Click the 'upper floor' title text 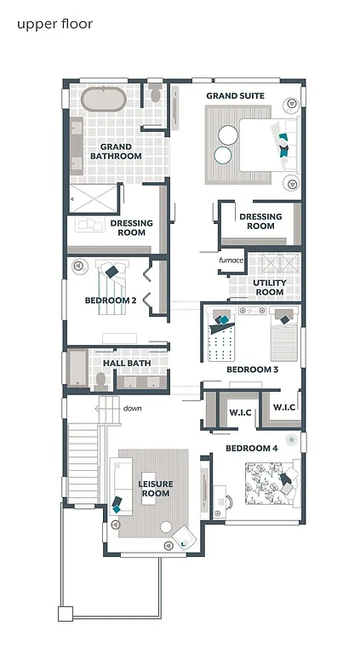pyautogui.click(x=54, y=24)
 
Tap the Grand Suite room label pyautogui.click(x=235, y=96)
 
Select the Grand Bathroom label pyautogui.click(x=116, y=152)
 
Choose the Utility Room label pyautogui.click(x=269, y=287)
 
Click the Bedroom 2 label pyautogui.click(x=111, y=301)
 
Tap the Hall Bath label pyautogui.click(x=127, y=364)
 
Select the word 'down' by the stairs pyautogui.click(x=132, y=409)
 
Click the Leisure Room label pyautogui.click(x=155, y=489)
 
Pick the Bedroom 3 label pyautogui.click(x=252, y=370)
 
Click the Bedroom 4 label pyautogui.click(x=251, y=448)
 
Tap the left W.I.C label pyautogui.click(x=239, y=414)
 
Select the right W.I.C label pyautogui.click(x=283, y=407)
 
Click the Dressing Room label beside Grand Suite pyautogui.click(x=260, y=221)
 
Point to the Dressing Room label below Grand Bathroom pyautogui.click(x=132, y=228)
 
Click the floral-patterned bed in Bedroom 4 pyautogui.click(x=270, y=484)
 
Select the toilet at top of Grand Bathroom pyautogui.click(x=154, y=94)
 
